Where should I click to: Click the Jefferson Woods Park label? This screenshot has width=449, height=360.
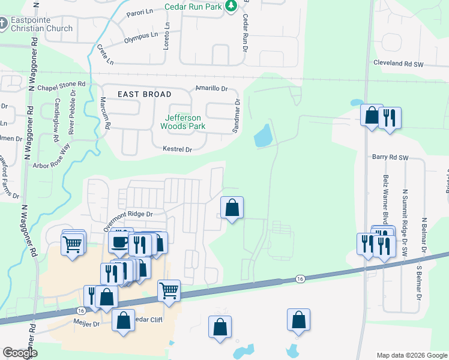(x=182, y=122)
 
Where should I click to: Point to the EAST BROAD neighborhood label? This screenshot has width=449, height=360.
(x=144, y=94)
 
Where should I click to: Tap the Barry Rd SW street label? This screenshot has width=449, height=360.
(x=390, y=157)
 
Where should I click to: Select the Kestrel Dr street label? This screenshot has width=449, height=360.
(x=177, y=149)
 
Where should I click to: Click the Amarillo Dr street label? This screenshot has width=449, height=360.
(x=212, y=88)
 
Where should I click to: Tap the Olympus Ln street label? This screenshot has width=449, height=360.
(x=141, y=37)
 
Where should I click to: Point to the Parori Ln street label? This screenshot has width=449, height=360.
(x=141, y=13)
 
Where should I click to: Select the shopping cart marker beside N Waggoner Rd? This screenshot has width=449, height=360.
(x=72, y=244)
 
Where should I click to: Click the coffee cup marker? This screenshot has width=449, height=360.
(x=119, y=242)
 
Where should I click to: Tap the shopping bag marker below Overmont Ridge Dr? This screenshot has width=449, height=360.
(x=232, y=208)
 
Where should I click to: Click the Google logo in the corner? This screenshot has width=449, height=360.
(x=20, y=353)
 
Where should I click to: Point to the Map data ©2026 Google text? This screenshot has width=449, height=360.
(x=411, y=355)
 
